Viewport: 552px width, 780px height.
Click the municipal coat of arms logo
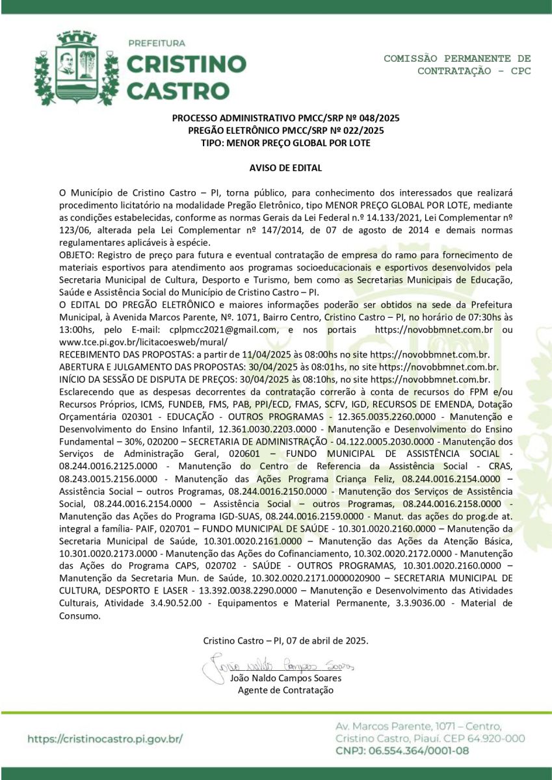tap(77, 68)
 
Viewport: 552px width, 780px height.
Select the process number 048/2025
tap(378, 118)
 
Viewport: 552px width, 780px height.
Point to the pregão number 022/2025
tap(362, 130)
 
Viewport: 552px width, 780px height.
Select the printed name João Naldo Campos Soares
tap(285, 678)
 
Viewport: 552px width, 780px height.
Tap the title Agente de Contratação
tap(285, 690)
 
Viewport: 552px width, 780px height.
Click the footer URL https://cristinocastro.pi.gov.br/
tap(105, 739)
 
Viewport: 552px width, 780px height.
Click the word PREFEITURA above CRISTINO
tap(156, 44)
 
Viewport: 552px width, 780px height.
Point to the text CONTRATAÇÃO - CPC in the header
tap(474, 71)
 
